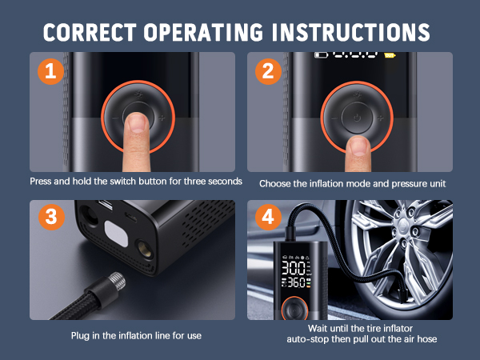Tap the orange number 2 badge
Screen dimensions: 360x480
(x=267, y=70)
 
